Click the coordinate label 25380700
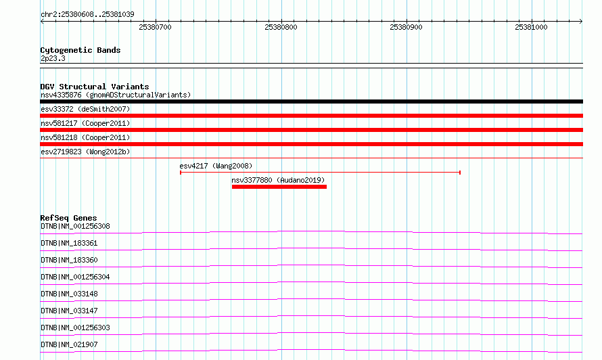[x=155, y=27]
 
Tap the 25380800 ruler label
[x=281, y=27]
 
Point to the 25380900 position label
[x=406, y=27]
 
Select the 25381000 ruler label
[x=531, y=27]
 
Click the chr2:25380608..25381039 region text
[x=87, y=14]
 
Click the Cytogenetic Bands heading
[x=80, y=50]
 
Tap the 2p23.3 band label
[x=53, y=58]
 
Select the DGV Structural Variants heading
[x=95, y=87]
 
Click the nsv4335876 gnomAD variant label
[x=116, y=95]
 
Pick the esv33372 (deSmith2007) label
[x=85, y=109]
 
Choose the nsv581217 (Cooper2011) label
[x=85, y=123]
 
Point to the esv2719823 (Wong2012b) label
[x=85, y=152]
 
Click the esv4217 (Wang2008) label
[x=216, y=166]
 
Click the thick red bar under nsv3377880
[x=279, y=187]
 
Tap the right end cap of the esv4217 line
[x=459, y=173]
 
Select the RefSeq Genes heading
[x=68, y=218]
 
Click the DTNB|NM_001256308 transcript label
[x=75, y=226]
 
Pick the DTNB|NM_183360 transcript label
[x=69, y=260]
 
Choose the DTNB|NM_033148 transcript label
[x=69, y=294]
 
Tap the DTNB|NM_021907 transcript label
[x=69, y=344]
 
